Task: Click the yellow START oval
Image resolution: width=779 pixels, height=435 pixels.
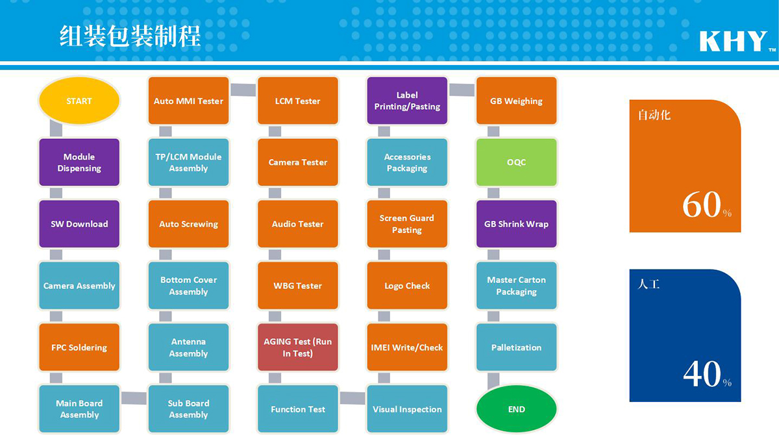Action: coord(79,101)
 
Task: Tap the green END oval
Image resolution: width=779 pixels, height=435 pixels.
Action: coord(517,409)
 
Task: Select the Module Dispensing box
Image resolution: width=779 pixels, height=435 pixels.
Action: coord(79,162)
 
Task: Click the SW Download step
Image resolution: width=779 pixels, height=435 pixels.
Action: coord(79,224)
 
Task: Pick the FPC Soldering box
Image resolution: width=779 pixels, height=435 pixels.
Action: coord(79,347)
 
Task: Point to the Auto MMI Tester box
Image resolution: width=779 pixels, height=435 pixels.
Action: coord(188,101)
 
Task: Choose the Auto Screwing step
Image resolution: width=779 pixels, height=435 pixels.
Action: coord(188,224)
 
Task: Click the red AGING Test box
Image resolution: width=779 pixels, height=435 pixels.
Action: coord(298,347)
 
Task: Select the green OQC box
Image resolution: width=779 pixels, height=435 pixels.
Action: coord(517,162)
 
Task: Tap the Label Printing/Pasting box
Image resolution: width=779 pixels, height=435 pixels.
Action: coord(407,101)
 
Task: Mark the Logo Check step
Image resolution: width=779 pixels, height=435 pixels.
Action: coord(407,286)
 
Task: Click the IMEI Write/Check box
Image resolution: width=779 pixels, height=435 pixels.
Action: coord(407,347)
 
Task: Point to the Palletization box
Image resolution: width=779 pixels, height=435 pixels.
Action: coord(517,347)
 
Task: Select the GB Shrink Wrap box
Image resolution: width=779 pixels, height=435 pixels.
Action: coord(517,224)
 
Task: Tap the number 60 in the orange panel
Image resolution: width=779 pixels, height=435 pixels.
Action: coord(702,205)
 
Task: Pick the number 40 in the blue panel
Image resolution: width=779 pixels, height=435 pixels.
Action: coord(702,374)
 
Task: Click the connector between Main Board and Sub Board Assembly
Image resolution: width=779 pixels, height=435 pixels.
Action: coord(134,398)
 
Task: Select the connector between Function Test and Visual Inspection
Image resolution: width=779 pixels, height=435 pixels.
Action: coord(352,398)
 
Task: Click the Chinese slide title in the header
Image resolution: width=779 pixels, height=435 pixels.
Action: coord(130,36)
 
